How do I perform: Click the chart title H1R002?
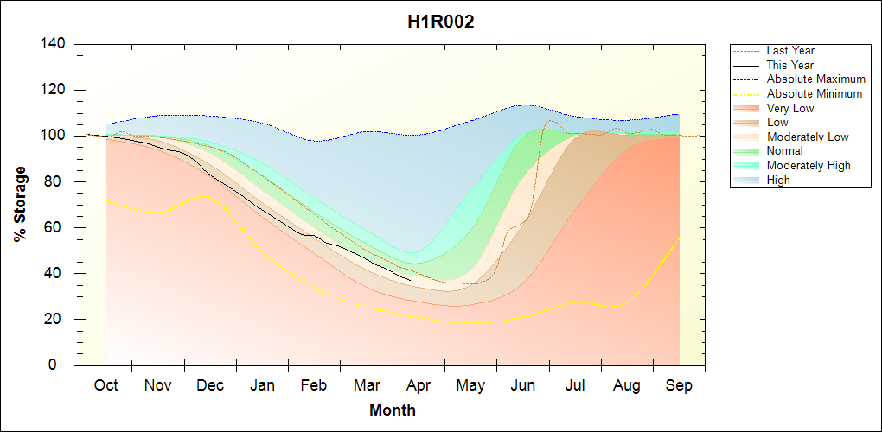click(441, 22)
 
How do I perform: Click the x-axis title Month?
click(393, 410)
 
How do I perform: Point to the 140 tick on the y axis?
click(57, 44)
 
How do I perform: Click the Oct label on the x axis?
click(106, 385)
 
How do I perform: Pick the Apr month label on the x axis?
click(419, 385)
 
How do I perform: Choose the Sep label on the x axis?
click(679, 385)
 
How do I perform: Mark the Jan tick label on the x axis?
click(262, 385)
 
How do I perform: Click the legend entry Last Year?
click(790, 51)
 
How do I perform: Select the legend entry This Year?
click(790, 66)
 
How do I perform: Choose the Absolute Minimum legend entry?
click(815, 94)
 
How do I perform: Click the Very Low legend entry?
click(790, 108)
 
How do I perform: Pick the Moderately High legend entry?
click(808, 166)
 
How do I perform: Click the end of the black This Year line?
click(410, 280)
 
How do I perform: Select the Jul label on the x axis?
click(575, 385)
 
